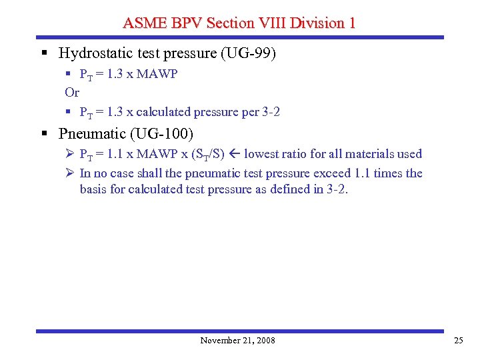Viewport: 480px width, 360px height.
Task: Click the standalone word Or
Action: pyautogui.click(x=72, y=93)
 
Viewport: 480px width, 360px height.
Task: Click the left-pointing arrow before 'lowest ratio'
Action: pyautogui.click(x=234, y=154)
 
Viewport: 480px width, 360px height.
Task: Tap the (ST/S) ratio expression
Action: pyautogui.click(x=208, y=155)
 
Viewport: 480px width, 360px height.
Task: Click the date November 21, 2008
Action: pyautogui.click(x=237, y=341)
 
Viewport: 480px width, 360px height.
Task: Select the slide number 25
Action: pyautogui.click(x=458, y=341)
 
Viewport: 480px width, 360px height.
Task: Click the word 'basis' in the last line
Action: pyautogui.click(x=94, y=189)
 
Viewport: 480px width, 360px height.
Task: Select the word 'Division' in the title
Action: pyautogui.click(x=321, y=23)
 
